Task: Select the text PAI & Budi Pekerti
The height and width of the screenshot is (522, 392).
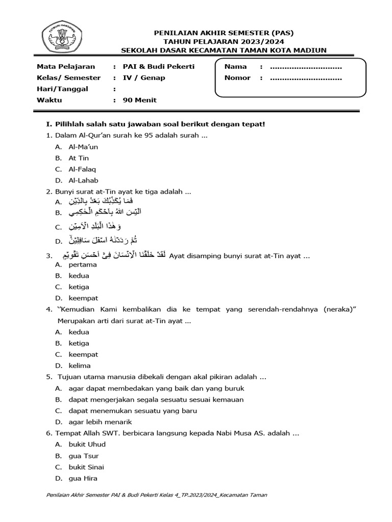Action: [159, 67]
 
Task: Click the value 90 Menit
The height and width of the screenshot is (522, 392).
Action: [140, 100]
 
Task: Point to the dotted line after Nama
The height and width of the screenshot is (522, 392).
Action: [305, 67]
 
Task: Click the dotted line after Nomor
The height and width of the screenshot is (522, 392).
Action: [305, 78]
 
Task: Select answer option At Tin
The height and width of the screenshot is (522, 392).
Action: [79, 158]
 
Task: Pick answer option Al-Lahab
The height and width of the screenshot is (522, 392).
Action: [83, 180]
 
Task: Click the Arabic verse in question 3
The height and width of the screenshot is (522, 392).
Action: [114, 255]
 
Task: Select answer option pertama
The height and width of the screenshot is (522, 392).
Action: [83, 265]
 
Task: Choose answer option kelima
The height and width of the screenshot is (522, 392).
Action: [80, 366]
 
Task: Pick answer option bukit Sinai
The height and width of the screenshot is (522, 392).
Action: [86, 467]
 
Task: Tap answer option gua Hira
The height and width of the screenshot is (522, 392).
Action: [83, 478]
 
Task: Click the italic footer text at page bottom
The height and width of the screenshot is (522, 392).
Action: [157, 495]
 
